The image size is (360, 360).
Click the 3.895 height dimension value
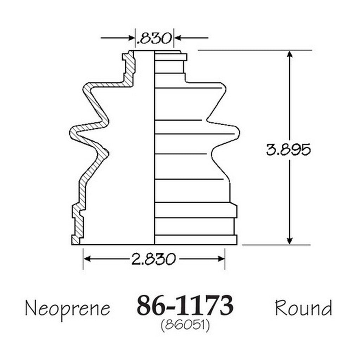tap(288, 149)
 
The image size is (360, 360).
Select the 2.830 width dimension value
tap(154, 259)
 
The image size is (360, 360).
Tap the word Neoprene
tap(67, 309)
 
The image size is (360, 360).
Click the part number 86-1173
tap(185, 306)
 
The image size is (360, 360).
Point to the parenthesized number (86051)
tap(185, 326)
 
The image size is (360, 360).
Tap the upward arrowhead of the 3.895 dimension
tap(290, 54)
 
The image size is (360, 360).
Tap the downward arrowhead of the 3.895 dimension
tap(290, 240)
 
